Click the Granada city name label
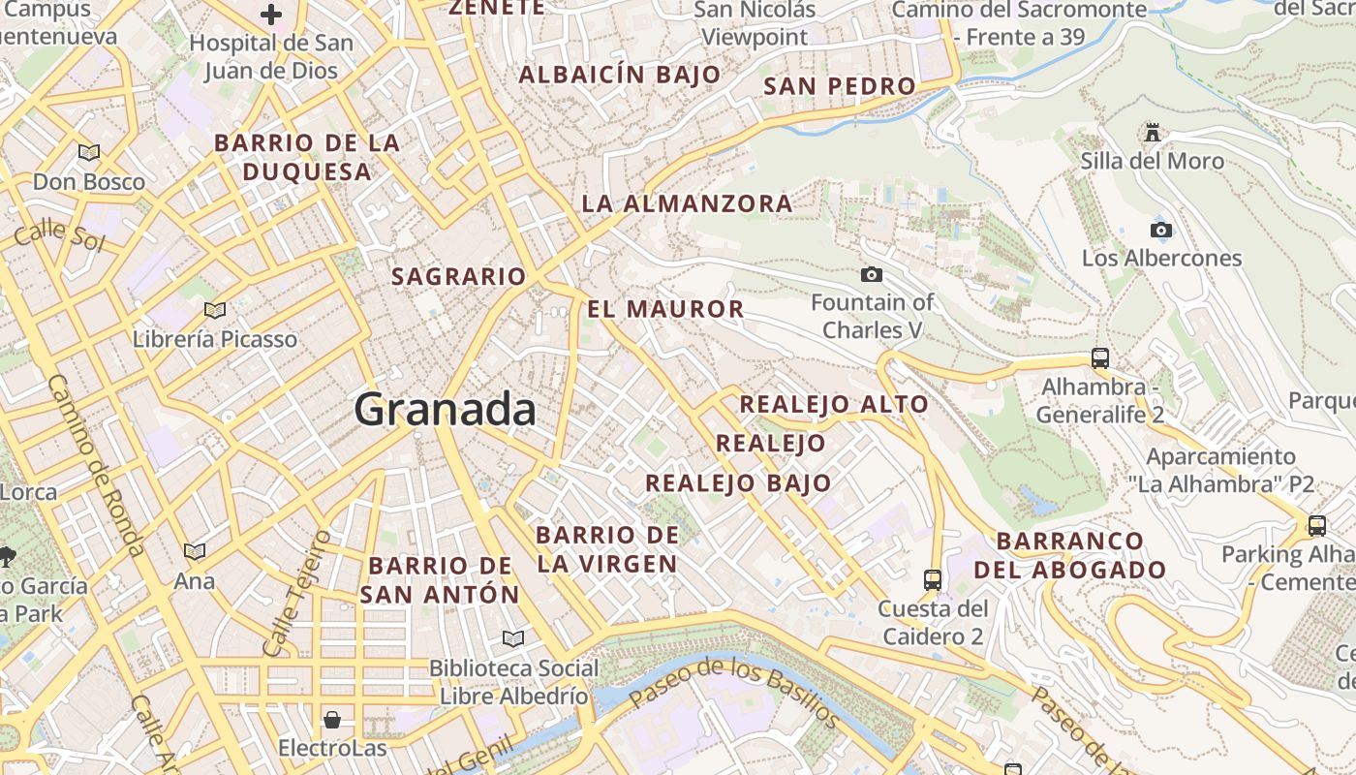pyautogui.click(x=445, y=409)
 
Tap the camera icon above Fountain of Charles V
pyautogui.click(x=872, y=275)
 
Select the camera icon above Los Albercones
pyautogui.click(x=1160, y=230)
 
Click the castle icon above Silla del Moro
pyautogui.click(x=1152, y=132)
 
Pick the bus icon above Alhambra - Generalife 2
pyautogui.click(x=1099, y=357)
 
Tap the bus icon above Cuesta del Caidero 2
pyautogui.click(x=932, y=579)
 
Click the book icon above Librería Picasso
pyautogui.click(x=215, y=310)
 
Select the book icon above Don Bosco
pyautogui.click(x=89, y=152)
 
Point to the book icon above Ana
pyautogui.click(x=195, y=551)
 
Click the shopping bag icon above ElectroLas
pyautogui.click(x=332, y=719)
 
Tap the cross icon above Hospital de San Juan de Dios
pyautogui.click(x=271, y=15)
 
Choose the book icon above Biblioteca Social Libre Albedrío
pyautogui.click(x=512, y=638)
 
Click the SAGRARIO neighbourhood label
pyautogui.click(x=458, y=276)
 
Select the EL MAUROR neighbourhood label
pyautogui.click(x=665, y=309)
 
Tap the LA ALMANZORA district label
pyautogui.click(x=687, y=203)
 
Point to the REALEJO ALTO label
pyautogui.click(x=834, y=404)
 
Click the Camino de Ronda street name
pyautogui.click(x=95, y=465)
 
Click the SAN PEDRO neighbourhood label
pyautogui.click(x=839, y=86)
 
